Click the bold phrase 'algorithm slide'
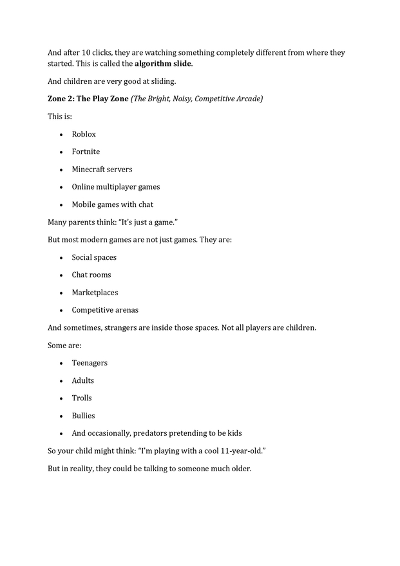pyautogui.click(x=163, y=64)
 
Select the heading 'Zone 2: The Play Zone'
pyautogui.click(x=88, y=99)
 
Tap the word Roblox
pyautogui.click(x=84, y=134)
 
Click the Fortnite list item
pyautogui.click(x=86, y=151)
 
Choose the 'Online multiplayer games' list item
pyautogui.click(x=115, y=187)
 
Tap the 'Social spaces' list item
pyautogui.click(x=94, y=257)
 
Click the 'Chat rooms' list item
pyautogui.click(x=91, y=275)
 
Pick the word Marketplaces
pyautogui.click(x=95, y=292)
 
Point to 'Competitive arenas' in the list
pyautogui.click(x=105, y=310)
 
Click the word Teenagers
pyautogui.click(x=90, y=363)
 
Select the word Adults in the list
pyautogui.click(x=82, y=380)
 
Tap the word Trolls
pyautogui.click(x=82, y=398)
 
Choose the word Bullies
pyautogui.click(x=83, y=416)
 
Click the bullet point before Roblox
pyautogui.click(x=61, y=135)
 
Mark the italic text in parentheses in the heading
pyautogui.click(x=196, y=99)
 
